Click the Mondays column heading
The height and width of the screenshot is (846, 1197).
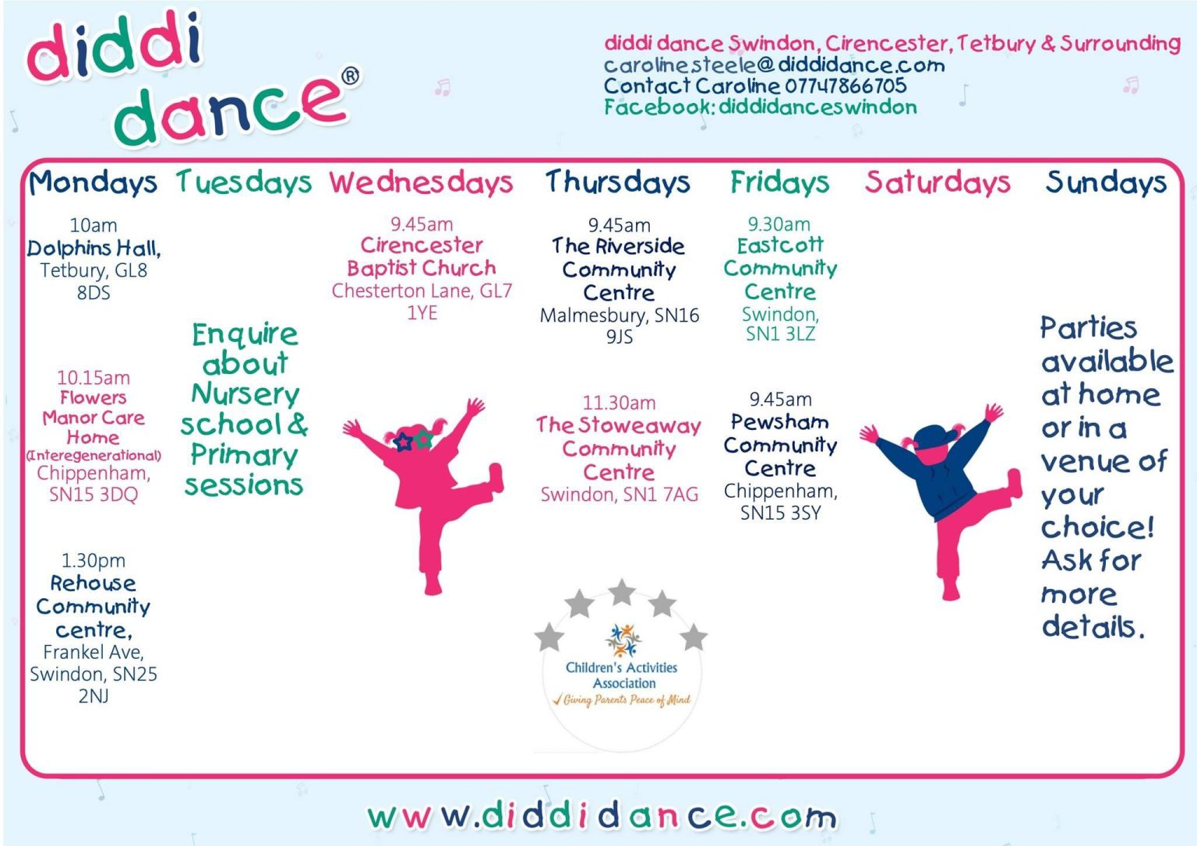93,182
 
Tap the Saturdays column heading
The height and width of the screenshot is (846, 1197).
937,182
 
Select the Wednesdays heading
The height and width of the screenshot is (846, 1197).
421,182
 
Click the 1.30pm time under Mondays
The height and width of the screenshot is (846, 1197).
94,561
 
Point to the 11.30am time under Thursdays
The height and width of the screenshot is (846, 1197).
619,403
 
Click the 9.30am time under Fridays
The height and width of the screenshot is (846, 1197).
779,224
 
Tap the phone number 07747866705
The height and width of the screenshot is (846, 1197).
846,86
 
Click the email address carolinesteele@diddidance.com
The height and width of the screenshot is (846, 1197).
775,65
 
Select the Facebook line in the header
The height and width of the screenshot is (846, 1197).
761,107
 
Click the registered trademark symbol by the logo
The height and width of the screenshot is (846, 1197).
351,77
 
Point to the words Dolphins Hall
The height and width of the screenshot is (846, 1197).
94,249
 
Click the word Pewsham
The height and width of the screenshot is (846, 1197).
779,422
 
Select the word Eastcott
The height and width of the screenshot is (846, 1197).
780,245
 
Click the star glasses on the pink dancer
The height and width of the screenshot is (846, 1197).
413,440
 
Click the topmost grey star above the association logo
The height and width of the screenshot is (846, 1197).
621,592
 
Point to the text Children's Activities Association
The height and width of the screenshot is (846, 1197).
622,675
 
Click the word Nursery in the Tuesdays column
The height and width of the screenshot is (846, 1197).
245,394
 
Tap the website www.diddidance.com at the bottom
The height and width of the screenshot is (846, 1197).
602,816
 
